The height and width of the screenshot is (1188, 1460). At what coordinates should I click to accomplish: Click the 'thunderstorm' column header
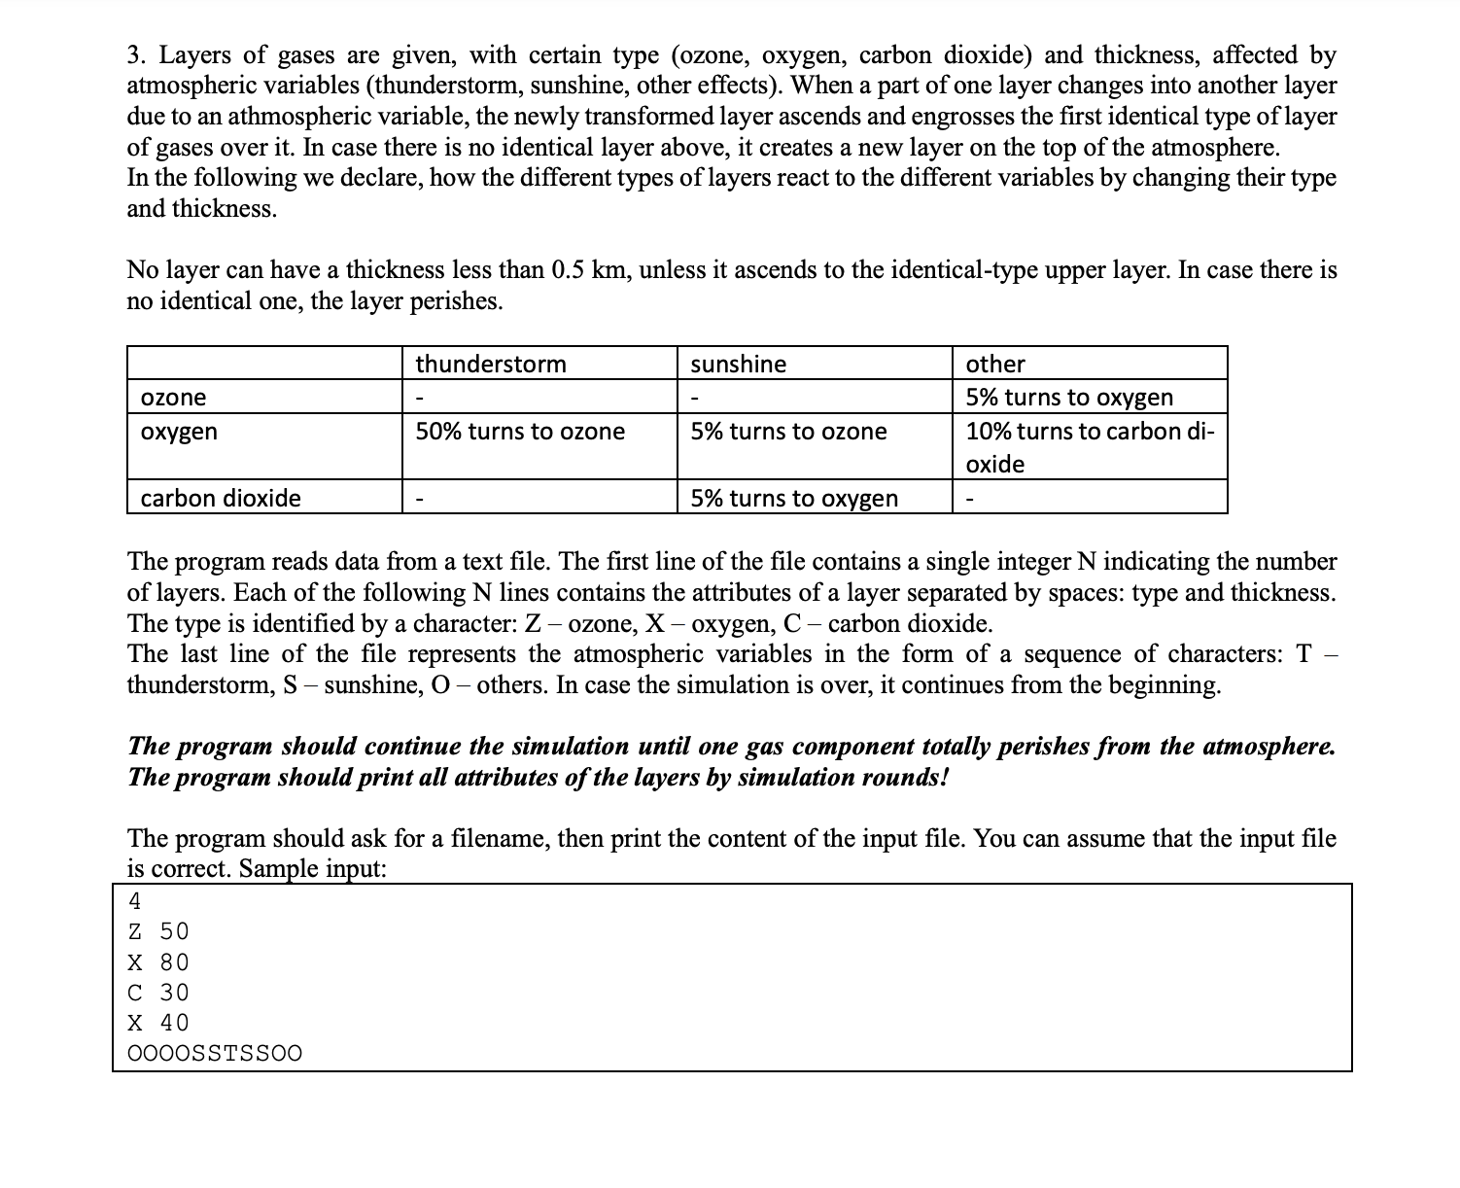(x=491, y=365)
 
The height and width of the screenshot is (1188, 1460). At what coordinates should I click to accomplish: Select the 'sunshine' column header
(x=739, y=365)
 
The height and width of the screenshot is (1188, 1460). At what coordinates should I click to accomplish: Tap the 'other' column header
(x=995, y=365)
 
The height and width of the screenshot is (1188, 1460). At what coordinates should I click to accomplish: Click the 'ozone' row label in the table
(x=173, y=398)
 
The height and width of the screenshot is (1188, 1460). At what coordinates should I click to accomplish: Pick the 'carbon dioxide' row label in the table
(x=221, y=499)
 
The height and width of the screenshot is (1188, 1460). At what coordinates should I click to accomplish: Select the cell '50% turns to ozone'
(x=520, y=432)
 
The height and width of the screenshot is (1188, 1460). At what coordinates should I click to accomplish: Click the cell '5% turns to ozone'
(x=788, y=432)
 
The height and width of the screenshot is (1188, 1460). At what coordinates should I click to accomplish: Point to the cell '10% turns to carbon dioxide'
(x=1090, y=447)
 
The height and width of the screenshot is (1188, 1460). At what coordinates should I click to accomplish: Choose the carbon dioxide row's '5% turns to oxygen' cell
(x=794, y=499)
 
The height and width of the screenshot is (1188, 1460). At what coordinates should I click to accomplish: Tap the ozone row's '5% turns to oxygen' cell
(x=1069, y=398)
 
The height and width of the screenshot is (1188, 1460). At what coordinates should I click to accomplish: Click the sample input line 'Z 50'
(x=158, y=931)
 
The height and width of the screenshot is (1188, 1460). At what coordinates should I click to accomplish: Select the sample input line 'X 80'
(x=158, y=962)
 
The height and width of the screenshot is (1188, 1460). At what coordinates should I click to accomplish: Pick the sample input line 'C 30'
(x=158, y=993)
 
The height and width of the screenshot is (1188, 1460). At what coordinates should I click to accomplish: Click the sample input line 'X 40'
(x=158, y=1023)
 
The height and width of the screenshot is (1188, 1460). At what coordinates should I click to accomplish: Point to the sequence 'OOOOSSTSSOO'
(x=215, y=1054)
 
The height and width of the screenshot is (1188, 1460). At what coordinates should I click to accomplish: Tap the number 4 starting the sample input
(x=135, y=901)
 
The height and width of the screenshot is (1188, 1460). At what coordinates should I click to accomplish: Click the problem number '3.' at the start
(x=137, y=55)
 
